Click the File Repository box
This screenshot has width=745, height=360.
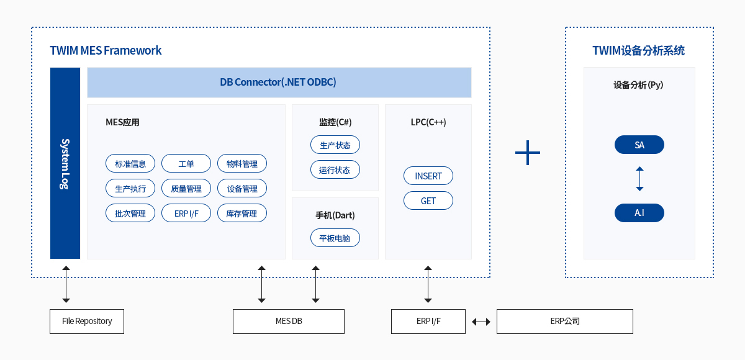(x=87, y=322)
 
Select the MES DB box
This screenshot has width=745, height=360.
(x=289, y=322)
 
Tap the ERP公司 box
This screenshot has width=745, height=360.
(x=565, y=322)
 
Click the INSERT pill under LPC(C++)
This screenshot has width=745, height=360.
(x=428, y=176)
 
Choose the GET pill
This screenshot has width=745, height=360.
(x=428, y=200)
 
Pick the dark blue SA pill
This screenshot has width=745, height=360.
(x=639, y=145)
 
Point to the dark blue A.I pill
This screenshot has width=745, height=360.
(x=639, y=213)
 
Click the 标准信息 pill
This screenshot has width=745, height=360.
(x=130, y=163)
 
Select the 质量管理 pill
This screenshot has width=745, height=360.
(x=186, y=189)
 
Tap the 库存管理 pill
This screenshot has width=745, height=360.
(x=242, y=213)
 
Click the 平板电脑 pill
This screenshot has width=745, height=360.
(x=335, y=238)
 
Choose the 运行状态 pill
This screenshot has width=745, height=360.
(x=335, y=170)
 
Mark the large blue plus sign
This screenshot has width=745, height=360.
(x=528, y=153)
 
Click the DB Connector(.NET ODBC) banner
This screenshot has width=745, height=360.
(x=279, y=83)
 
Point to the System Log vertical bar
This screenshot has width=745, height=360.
(x=65, y=163)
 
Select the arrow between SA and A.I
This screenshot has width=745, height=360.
(x=639, y=179)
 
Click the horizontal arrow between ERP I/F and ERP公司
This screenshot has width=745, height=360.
(x=481, y=322)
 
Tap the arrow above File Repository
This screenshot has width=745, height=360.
(x=66, y=284)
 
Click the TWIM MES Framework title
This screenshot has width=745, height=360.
(x=106, y=50)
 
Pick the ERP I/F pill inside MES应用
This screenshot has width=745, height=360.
(x=186, y=213)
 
